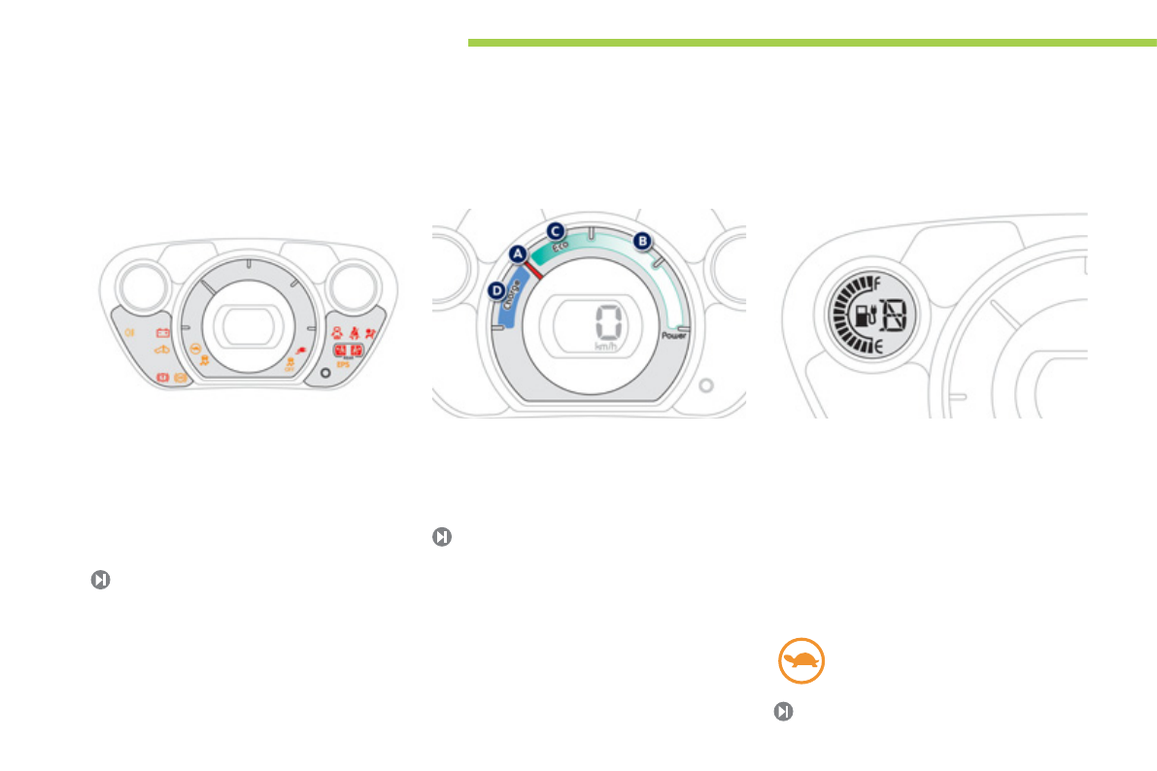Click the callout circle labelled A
518,252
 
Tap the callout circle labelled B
640,240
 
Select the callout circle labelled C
555,231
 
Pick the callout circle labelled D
496,289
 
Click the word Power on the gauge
674,336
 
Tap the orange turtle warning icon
801,662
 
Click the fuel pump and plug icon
862,315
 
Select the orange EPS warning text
342,364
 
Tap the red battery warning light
163,332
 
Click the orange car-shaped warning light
162,350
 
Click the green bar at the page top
811,43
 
